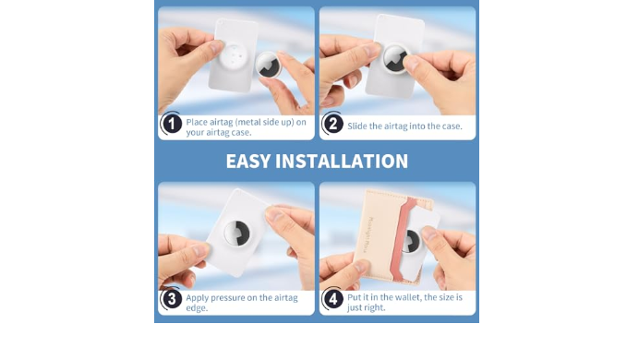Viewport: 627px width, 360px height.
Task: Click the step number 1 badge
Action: point(172,124)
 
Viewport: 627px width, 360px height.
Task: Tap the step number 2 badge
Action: point(333,124)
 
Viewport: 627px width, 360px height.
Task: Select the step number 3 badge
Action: point(172,299)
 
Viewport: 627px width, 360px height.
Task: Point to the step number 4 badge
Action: point(333,299)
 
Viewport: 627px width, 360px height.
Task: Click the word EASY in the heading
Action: point(248,162)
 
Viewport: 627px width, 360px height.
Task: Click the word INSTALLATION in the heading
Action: point(342,162)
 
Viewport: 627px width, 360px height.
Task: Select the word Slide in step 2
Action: point(357,126)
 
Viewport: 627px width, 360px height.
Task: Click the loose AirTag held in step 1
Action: point(269,65)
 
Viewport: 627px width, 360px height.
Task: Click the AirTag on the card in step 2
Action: point(395,58)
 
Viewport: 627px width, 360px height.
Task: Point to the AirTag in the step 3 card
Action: point(236,233)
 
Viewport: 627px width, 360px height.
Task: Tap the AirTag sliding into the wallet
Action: point(411,241)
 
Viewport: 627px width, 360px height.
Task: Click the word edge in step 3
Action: point(197,308)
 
